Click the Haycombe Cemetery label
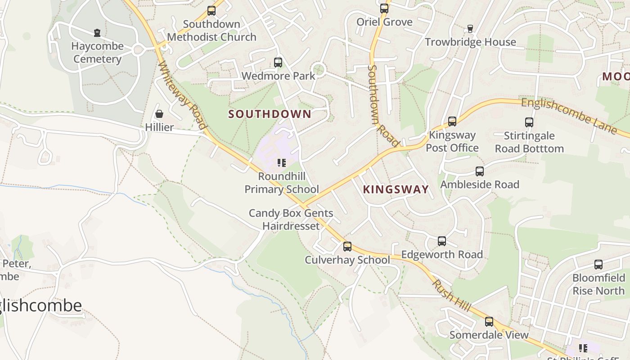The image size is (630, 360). tap(97, 53)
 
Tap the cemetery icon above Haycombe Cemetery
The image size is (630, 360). tap(97, 33)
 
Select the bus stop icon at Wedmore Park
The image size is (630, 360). tap(278, 63)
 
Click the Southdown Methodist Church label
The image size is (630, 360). tap(211, 31)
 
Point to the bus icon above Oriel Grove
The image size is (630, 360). tap(384, 9)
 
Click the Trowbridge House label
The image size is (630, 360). tap(470, 42)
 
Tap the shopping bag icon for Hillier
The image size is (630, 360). tap(159, 114)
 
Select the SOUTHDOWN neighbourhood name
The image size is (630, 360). tap(270, 114)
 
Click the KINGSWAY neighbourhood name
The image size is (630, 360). tap(396, 189)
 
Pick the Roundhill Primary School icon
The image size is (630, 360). tap(282, 163)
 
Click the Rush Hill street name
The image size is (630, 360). tap(452, 296)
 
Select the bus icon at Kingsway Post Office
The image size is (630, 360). tap(452, 121)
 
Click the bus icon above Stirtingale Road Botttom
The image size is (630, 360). tap(529, 122)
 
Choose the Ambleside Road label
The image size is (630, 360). tap(479, 184)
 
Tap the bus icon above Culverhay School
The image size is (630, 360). tap(347, 247)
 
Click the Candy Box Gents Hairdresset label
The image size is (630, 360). tap(291, 220)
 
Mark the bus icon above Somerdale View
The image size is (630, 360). tap(489, 322)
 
